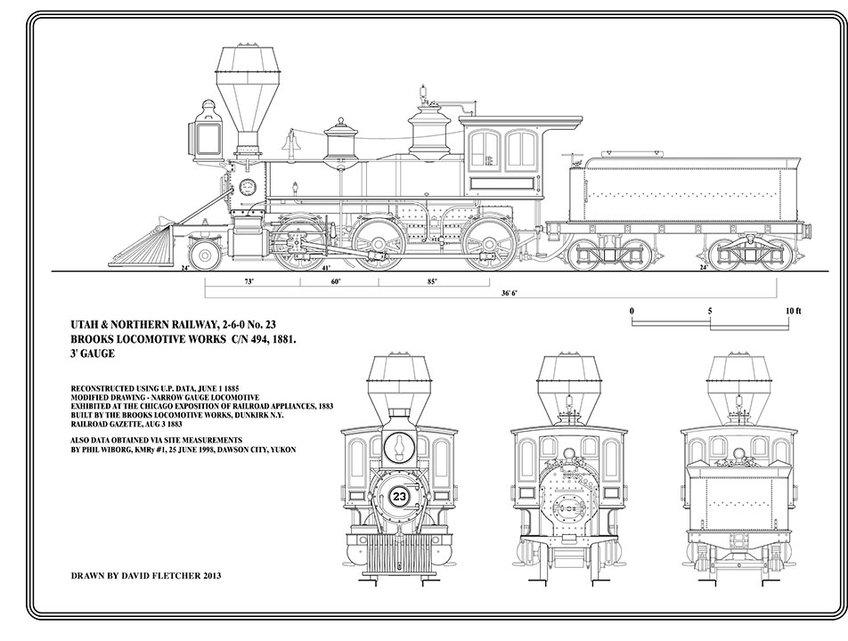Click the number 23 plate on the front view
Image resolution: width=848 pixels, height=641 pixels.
coord(399,498)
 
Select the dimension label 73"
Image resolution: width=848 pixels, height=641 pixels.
coord(249,281)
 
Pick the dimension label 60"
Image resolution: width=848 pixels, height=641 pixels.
coord(336,281)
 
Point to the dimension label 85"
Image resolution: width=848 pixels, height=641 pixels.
coord(432,281)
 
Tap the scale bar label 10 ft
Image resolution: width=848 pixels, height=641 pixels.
coord(794,311)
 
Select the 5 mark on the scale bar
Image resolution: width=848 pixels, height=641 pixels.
coord(710,311)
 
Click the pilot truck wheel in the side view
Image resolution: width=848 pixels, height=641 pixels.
coord(206,256)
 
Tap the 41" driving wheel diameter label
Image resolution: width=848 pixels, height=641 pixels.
coord(326,267)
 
